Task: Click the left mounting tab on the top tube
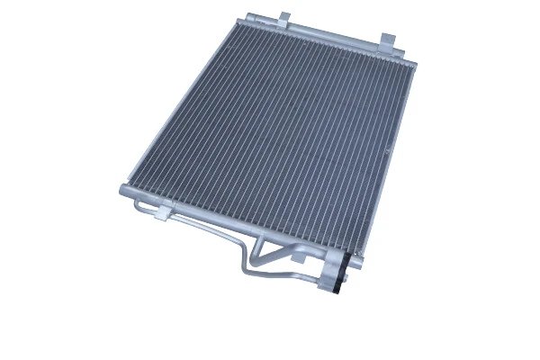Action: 283,18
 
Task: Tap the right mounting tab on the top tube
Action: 387,40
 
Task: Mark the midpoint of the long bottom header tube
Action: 234,224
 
